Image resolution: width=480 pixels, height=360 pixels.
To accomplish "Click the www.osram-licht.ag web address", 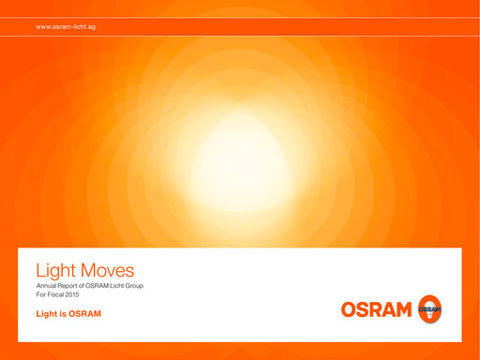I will [x=66, y=27].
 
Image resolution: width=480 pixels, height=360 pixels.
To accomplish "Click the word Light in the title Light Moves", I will [x=53, y=270].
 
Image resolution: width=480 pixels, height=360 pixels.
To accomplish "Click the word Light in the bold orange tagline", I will [x=47, y=313].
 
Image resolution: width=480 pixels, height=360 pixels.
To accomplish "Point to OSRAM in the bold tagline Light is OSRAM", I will [x=84, y=313].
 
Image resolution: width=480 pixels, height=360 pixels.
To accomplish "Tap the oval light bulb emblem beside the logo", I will [x=430, y=308].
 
